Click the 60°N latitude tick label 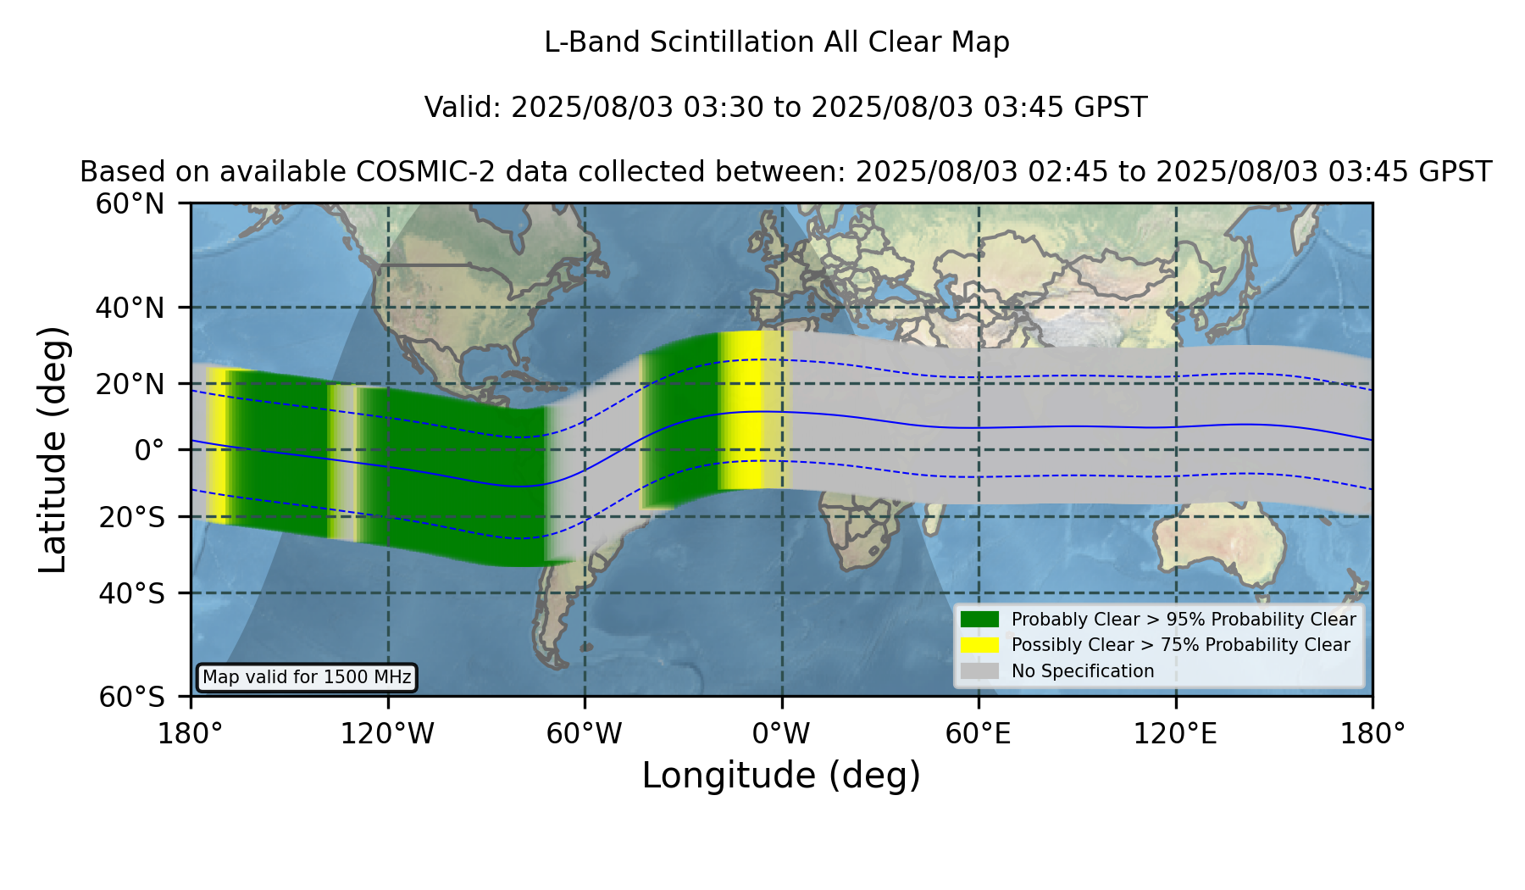(x=130, y=204)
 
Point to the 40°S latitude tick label (x=131, y=593)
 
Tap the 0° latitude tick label (x=149, y=450)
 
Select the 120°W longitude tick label (x=387, y=733)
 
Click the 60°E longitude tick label (x=979, y=733)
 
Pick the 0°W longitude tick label (x=781, y=733)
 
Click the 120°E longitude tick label (x=1175, y=733)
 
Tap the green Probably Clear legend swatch (x=979, y=619)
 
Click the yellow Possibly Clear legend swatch (x=979, y=645)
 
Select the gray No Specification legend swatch (x=979, y=671)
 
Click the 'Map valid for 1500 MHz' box (x=307, y=677)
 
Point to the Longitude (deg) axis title (x=781, y=776)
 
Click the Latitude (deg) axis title (x=53, y=449)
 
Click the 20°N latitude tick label (x=130, y=384)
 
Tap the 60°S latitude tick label (x=131, y=697)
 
